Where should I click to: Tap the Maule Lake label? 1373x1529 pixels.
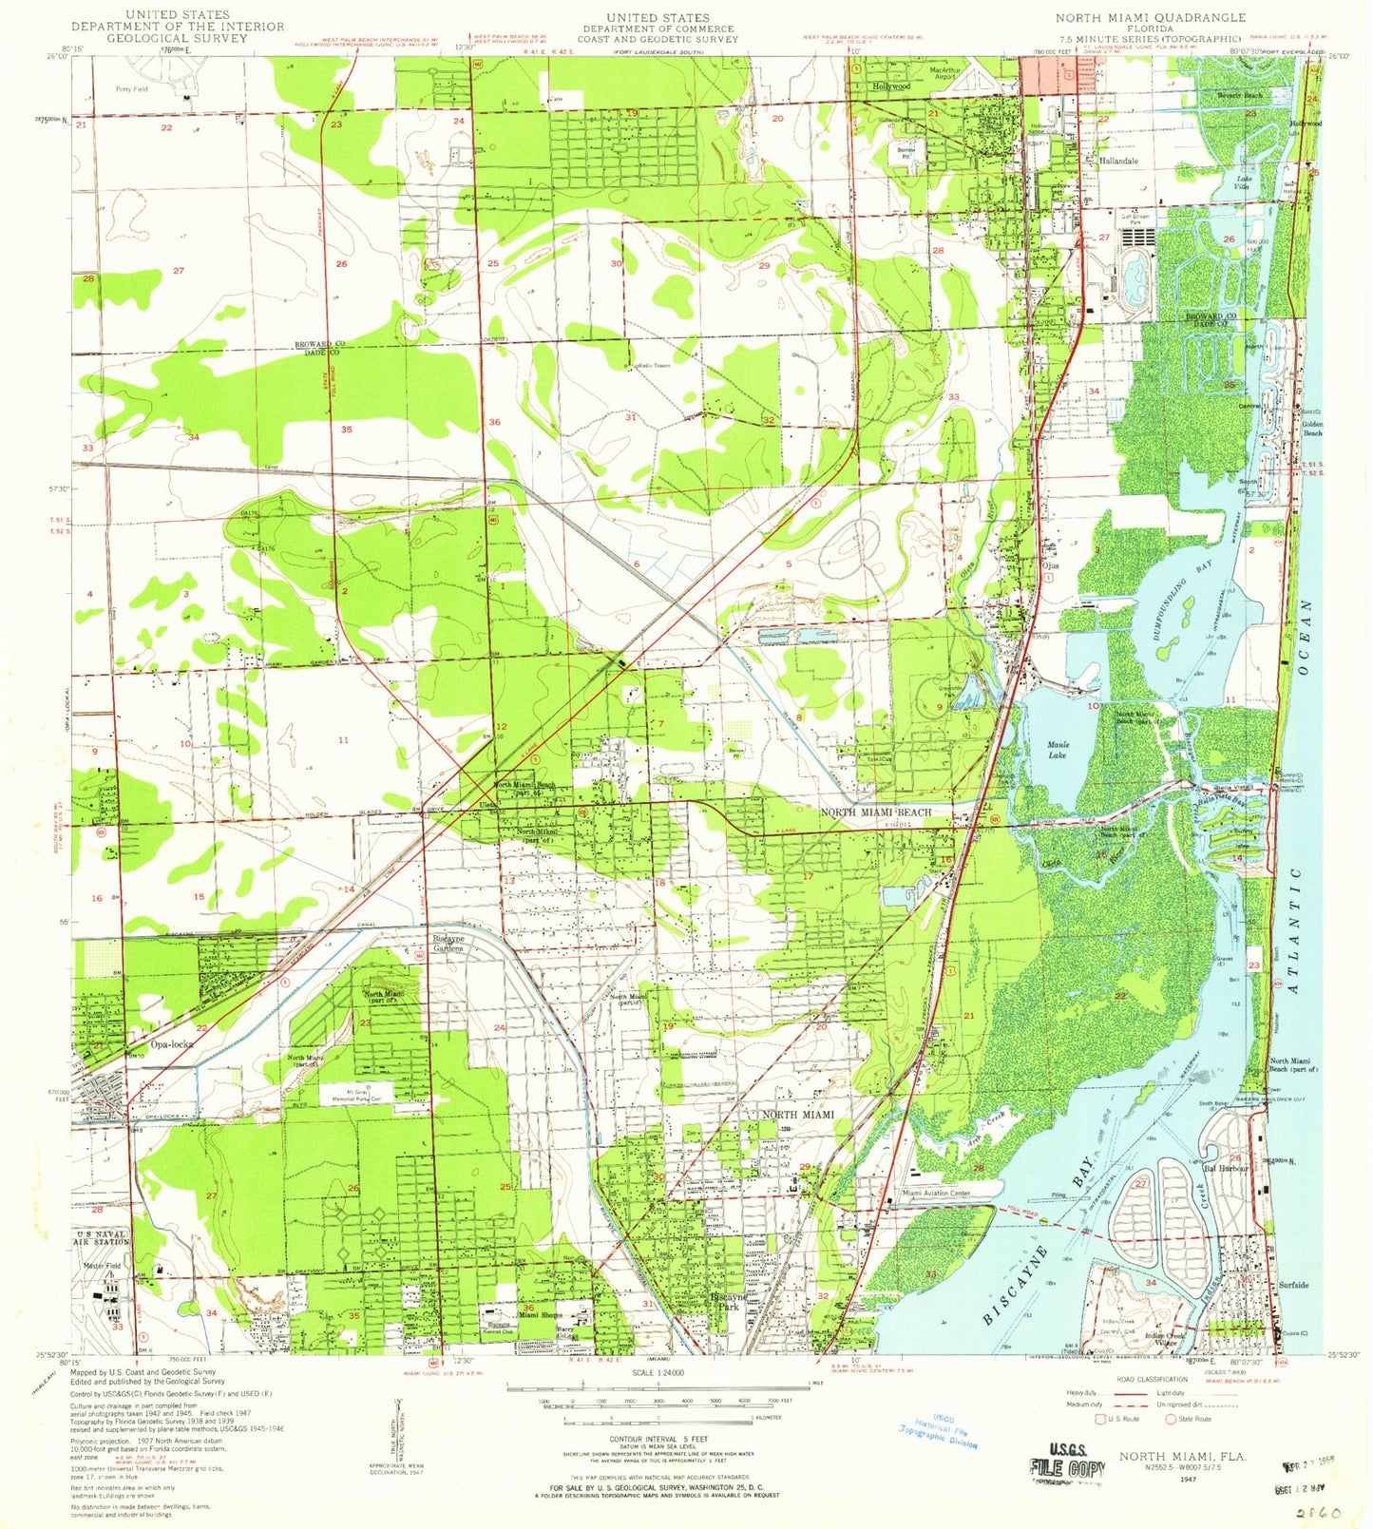coord(1057,750)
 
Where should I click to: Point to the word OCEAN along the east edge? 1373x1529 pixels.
coord(1306,638)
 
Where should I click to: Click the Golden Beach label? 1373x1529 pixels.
coord(1312,429)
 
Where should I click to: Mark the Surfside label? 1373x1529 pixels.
coord(1293,1285)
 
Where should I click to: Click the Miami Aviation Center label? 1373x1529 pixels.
coord(935,1193)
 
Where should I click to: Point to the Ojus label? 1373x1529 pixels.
coord(1050,565)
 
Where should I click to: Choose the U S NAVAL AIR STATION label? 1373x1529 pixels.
coord(102,1237)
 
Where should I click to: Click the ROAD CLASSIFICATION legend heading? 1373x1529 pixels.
coord(1152,1379)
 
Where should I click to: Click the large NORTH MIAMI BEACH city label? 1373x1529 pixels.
coord(875,812)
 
